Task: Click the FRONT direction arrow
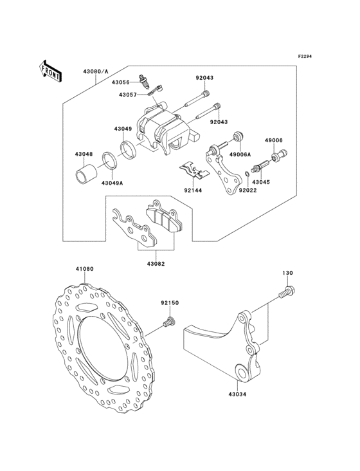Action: click(50, 71)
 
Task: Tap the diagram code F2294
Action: click(305, 56)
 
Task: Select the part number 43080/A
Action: click(96, 71)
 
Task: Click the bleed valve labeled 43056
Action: click(144, 82)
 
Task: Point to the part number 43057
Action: click(127, 95)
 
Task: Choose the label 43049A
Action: click(112, 183)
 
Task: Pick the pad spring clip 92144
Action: click(194, 171)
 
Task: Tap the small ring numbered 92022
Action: click(246, 174)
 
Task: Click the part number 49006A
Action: click(240, 155)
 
